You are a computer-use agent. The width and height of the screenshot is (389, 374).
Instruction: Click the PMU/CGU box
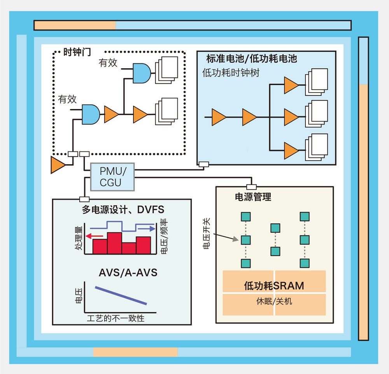(x=112, y=177)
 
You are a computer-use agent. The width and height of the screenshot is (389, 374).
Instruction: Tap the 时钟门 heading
(x=77, y=52)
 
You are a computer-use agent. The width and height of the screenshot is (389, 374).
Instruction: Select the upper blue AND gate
(x=142, y=73)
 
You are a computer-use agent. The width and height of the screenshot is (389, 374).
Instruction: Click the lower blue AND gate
(x=91, y=114)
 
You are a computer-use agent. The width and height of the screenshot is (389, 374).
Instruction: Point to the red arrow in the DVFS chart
(x=94, y=236)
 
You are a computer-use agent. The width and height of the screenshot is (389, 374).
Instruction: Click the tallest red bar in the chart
(x=114, y=243)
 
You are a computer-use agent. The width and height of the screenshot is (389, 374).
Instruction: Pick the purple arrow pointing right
(x=147, y=228)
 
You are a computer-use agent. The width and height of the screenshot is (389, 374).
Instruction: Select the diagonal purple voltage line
(x=121, y=295)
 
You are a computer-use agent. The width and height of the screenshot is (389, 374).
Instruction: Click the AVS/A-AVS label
(x=128, y=273)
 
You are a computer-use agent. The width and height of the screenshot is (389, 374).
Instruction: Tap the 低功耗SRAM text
(x=274, y=286)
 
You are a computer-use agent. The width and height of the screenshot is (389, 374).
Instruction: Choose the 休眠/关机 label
(x=274, y=302)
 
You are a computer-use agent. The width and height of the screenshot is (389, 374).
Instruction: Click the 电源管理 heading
(x=253, y=197)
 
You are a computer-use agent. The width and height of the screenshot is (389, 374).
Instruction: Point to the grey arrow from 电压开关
(x=226, y=237)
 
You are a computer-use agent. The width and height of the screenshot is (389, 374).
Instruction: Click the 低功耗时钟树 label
(x=231, y=73)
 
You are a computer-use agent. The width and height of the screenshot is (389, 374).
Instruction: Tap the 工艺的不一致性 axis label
(x=116, y=318)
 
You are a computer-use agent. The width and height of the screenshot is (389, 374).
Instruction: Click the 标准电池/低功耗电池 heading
(x=252, y=58)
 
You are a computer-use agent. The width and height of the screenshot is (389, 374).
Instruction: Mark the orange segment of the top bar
(x=75, y=25)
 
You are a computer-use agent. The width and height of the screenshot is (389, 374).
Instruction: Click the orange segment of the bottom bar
(x=135, y=352)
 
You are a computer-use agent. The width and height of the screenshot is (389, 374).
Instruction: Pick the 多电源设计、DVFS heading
(x=123, y=210)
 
